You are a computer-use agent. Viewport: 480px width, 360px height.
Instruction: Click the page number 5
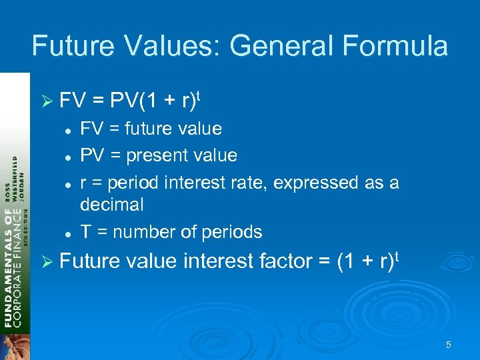[449, 345]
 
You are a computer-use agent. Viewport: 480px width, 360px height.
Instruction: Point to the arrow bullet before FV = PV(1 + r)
[45, 102]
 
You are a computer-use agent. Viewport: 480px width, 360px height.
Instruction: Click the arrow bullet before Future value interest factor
[45, 261]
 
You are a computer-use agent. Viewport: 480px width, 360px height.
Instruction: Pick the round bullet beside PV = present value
[68, 156]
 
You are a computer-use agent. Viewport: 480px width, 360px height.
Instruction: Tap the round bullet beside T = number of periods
[68, 233]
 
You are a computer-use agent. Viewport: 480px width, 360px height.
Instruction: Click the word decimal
[111, 205]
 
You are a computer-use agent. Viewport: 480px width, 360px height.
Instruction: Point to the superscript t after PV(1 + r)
[199, 96]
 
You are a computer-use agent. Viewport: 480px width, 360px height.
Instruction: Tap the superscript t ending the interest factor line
[402, 255]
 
